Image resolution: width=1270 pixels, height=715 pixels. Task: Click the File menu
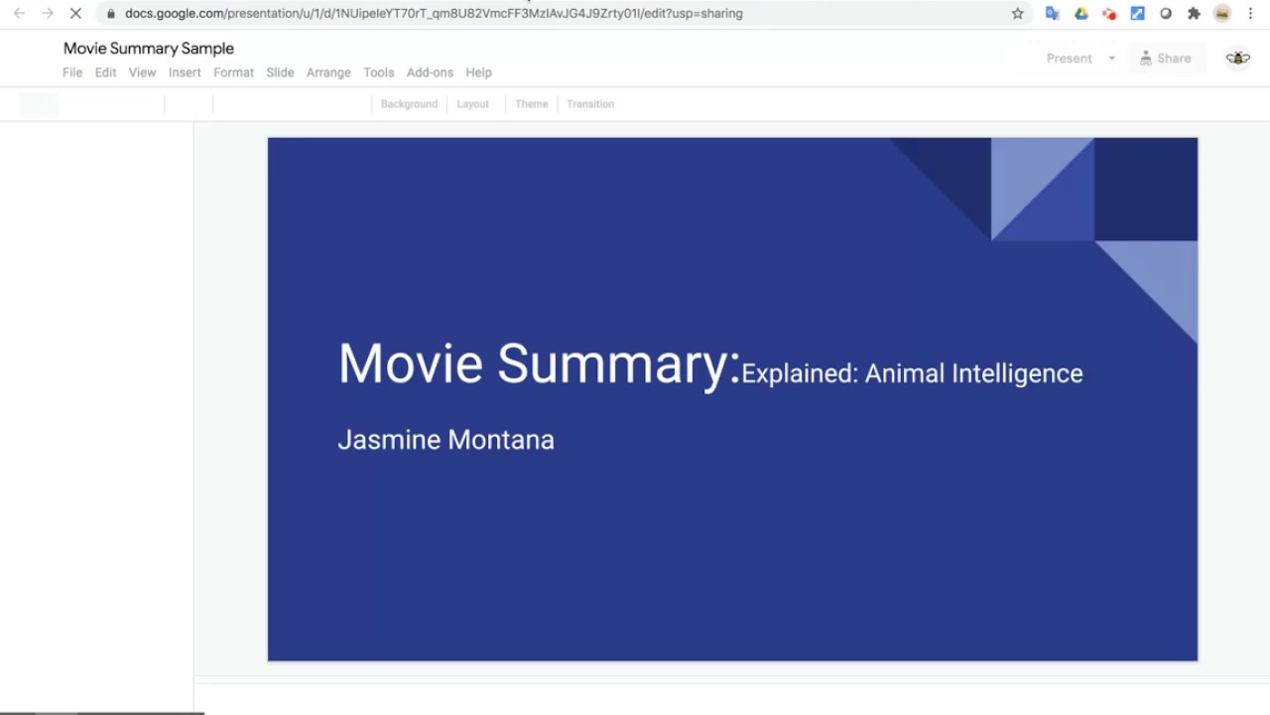pos(72,72)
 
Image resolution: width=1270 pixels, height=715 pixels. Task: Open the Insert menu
pos(185,72)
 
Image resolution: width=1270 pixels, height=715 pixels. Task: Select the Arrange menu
pos(328,72)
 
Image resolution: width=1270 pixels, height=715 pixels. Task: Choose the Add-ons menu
pos(430,72)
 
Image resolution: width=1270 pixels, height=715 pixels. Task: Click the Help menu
pos(479,72)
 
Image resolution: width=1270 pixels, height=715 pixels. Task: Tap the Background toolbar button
pos(409,104)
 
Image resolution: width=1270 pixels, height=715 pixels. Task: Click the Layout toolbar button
pos(472,104)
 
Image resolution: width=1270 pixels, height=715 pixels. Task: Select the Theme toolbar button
pos(532,104)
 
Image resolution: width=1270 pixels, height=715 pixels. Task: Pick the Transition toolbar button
pos(590,104)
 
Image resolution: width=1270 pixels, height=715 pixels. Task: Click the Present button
pos(1069,59)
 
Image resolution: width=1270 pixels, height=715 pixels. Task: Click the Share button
pos(1166,59)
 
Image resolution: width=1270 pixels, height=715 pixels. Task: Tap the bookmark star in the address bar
pos(1017,14)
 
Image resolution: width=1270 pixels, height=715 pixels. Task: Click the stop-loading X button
pos(75,14)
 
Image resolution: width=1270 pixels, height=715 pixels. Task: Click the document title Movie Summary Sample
pos(149,49)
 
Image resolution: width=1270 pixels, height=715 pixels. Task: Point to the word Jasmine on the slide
pos(389,440)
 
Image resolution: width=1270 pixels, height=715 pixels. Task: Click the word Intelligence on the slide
pos(1017,373)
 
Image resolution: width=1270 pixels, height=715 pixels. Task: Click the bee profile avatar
pos(1237,59)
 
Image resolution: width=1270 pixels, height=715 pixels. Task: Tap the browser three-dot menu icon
pos(1250,14)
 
